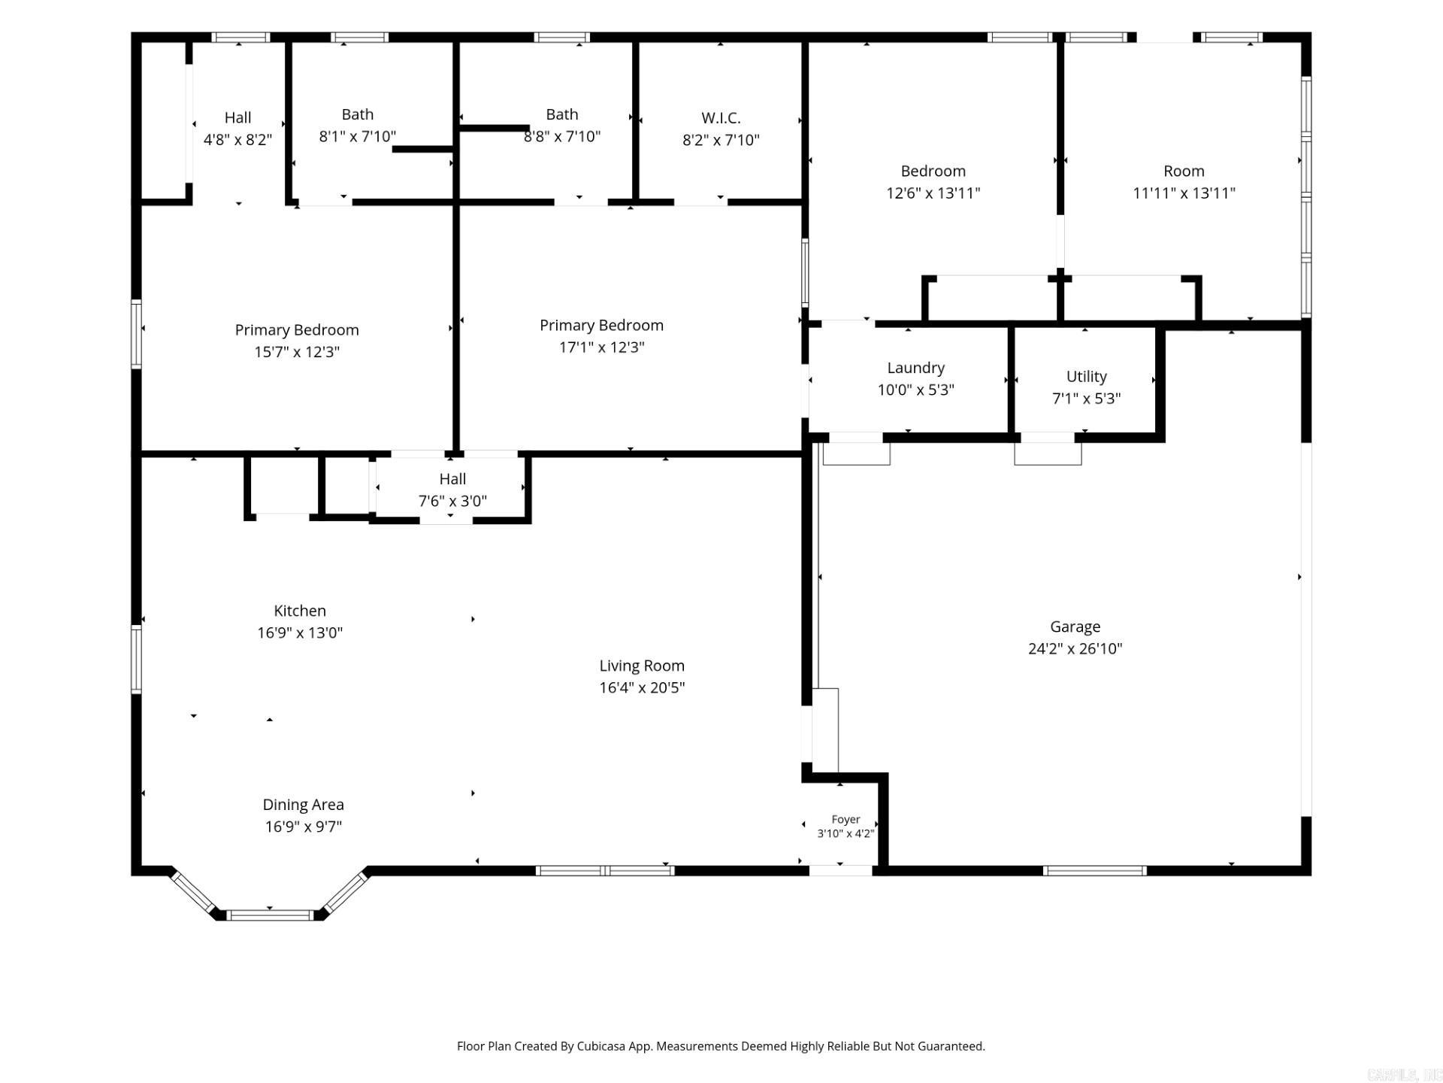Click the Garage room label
click(x=1075, y=626)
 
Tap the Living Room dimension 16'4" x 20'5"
click(x=642, y=687)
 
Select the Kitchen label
click(x=300, y=611)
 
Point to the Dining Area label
click(x=303, y=805)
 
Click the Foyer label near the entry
click(x=846, y=819)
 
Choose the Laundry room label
click(x=915, y=368)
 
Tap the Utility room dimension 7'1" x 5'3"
click(x=1086, y=399)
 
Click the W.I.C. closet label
click(x=721, y=118)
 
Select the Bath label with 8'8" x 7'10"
click(x=562, y=114)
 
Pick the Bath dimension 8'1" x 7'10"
click(x=358, y=136)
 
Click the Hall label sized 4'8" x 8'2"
click(x=237, y=117)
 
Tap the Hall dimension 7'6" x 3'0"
click(x=452, y=501)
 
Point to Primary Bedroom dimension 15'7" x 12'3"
click(x=297, y=352)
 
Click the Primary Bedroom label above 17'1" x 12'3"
click(x=601, y=326)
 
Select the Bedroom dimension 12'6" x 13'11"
click(x=933, y=193)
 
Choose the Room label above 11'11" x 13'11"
click(x=1184, y=171)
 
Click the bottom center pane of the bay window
click(x=270, y=915)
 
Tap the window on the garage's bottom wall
click(x=1094, y=871)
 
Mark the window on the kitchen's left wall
click(x=137, y=659)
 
